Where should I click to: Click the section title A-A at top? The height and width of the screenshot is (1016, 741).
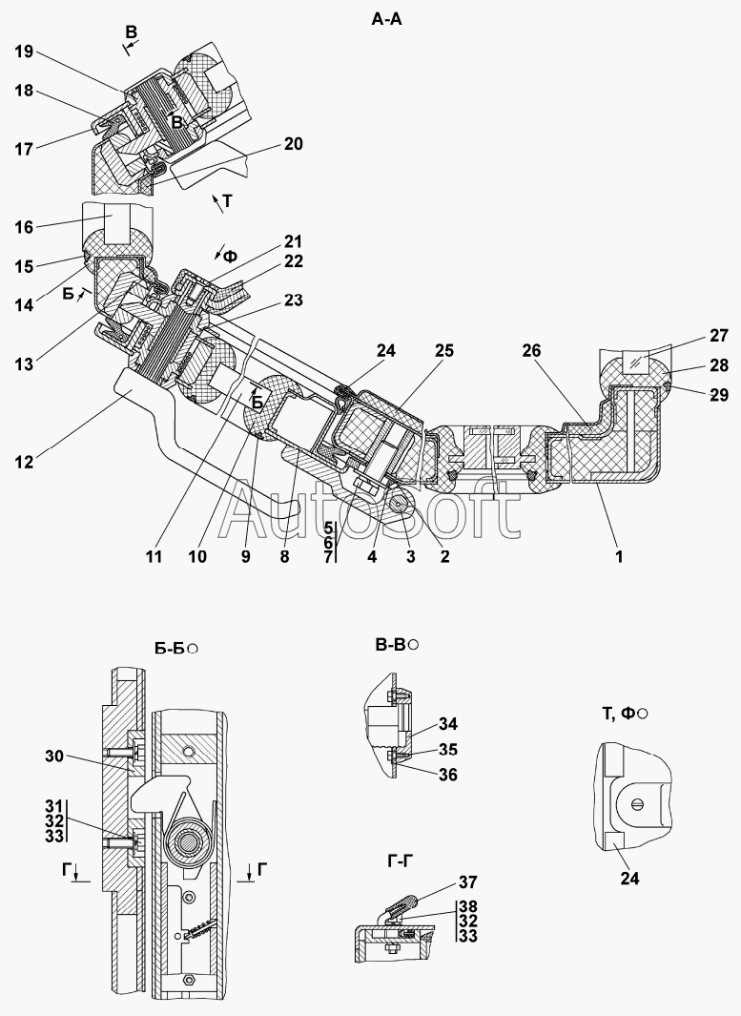tap(386, 19)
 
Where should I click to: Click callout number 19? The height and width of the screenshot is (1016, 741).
tap(25, 52)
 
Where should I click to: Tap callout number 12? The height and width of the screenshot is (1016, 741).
tap(24, 462)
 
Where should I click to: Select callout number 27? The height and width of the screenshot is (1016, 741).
tap(719, 336)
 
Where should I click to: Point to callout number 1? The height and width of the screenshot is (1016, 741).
tap(619, 556)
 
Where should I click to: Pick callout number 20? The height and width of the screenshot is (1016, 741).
tap(293, 143)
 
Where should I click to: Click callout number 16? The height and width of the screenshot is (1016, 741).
tap(24, 227)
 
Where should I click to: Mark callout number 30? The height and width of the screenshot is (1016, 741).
tap(55, 756)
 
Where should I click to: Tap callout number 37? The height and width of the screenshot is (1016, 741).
tap(467, 881)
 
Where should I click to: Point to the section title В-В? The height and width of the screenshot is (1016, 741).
tap(391, 645)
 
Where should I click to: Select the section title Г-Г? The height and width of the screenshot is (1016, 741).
tap(401, 860)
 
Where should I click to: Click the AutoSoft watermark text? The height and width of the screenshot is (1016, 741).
tap(369, 512)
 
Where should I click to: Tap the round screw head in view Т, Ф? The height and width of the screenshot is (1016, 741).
tap(637, 805)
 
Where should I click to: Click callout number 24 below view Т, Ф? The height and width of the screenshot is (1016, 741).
tap(629, 878)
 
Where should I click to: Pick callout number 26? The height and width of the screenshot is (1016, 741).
tap(531, 350)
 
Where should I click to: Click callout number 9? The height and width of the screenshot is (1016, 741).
tap(245, 556)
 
